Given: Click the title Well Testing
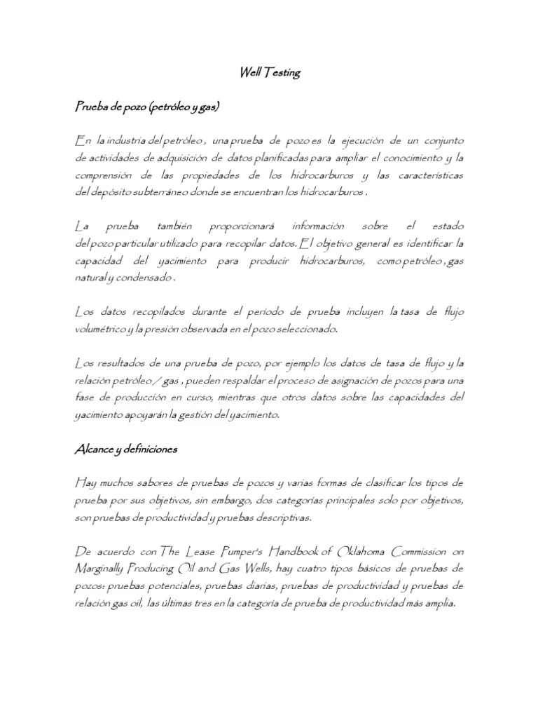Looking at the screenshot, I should pos(269,73).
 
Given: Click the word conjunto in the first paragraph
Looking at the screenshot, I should pos(440,142).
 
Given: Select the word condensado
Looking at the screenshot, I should pos(146,277).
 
